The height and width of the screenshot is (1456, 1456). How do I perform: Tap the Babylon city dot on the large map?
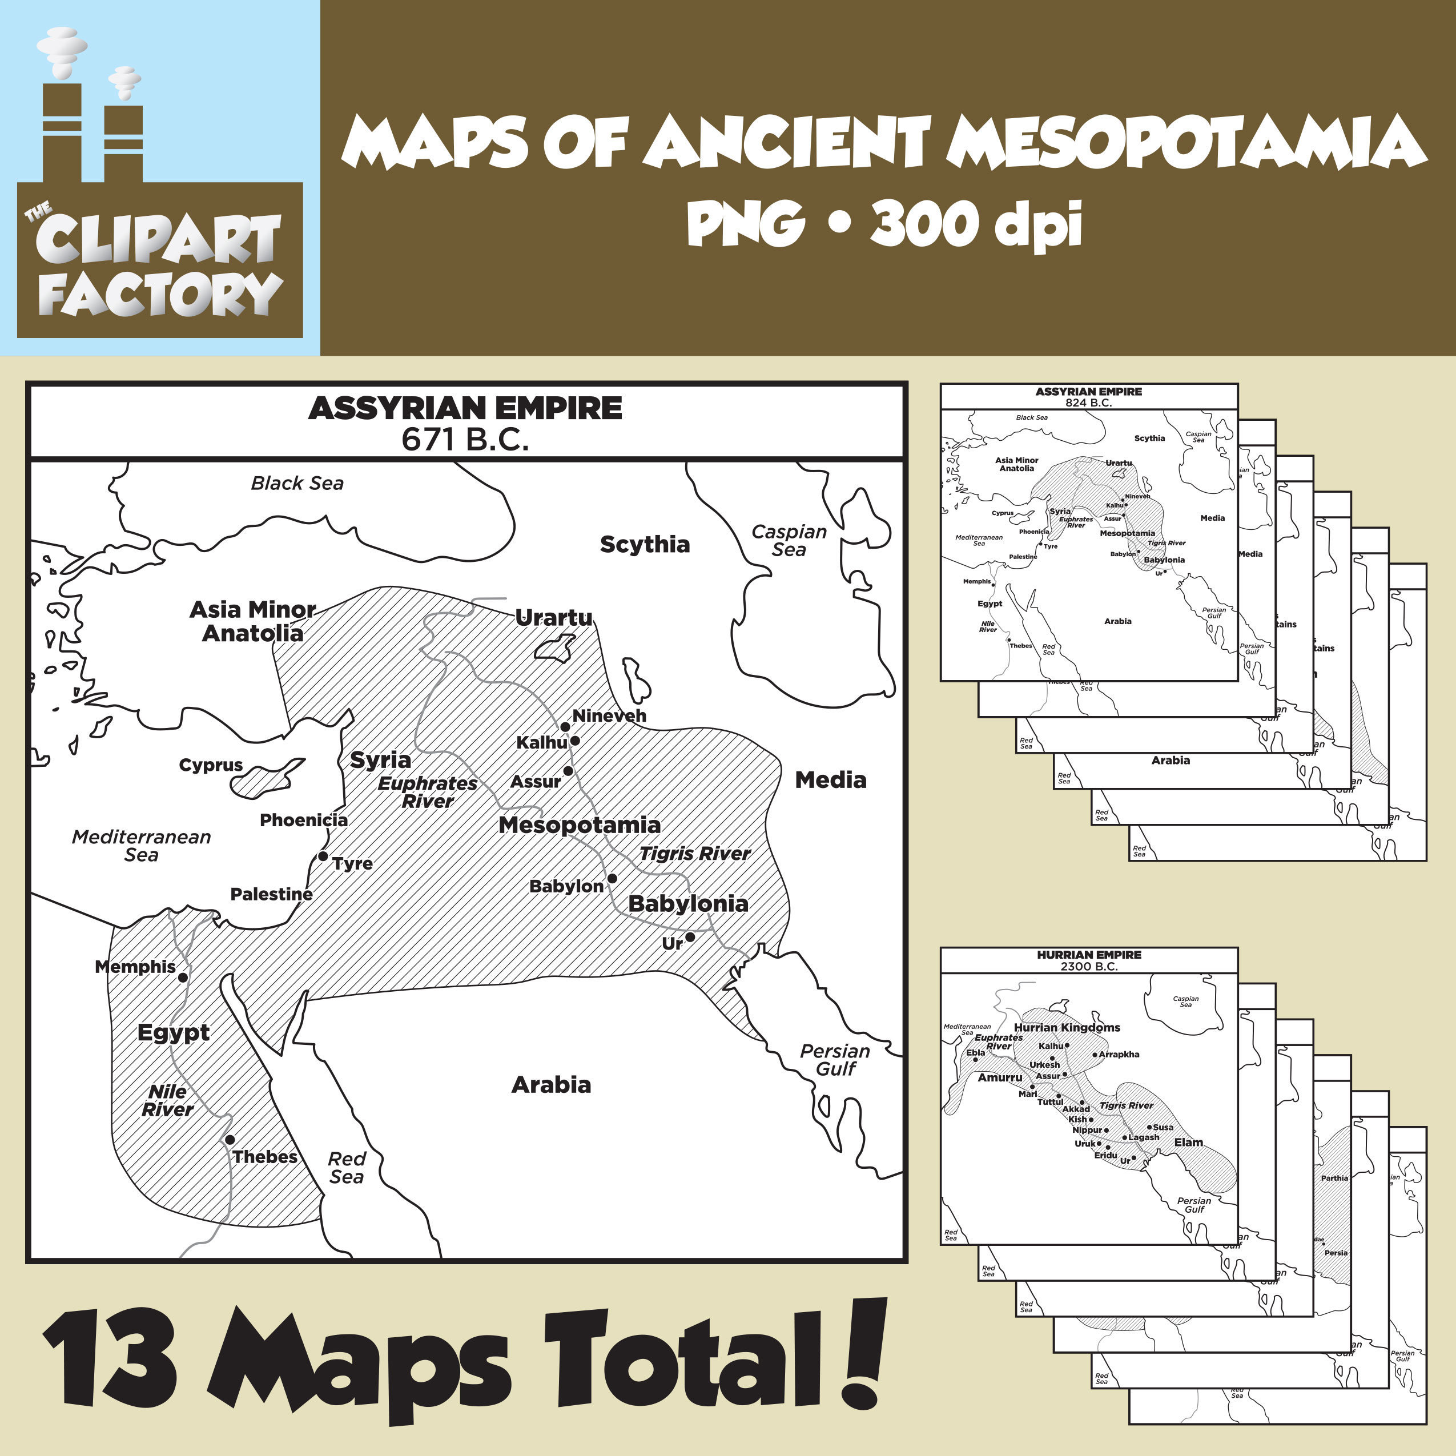[612, 879]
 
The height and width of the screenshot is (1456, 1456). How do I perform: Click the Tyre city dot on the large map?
[323, 856]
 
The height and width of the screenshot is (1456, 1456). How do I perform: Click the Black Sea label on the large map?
[297, 483]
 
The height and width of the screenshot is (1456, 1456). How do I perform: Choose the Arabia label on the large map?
[551, 1085]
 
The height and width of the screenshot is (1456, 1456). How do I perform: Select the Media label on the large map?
[831, 780]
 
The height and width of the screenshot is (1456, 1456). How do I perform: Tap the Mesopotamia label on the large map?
[579, 825]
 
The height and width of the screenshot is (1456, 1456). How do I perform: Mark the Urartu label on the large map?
[554, 618]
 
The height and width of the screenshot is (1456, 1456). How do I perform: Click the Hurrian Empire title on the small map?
[1089, 955]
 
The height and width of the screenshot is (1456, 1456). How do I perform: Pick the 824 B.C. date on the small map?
[1088, 403]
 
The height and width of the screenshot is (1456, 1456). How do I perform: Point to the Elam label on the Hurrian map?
[1188, 1143]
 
